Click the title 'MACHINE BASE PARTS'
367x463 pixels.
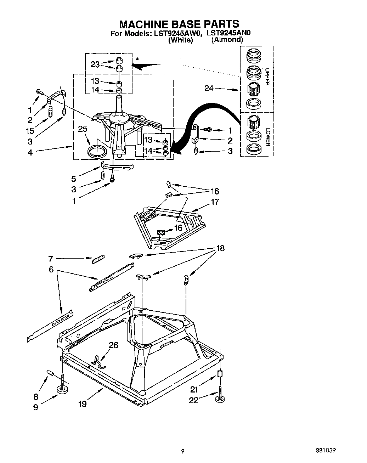[x=179, y=24]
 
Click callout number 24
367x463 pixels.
[x=209, y=88]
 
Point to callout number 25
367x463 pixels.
[x=83, y=129]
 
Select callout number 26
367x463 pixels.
[x=113, y=345]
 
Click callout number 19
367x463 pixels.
[x=82, y=403]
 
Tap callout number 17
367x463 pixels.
[x=215, y=202]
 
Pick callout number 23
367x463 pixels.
[x=95, y=64]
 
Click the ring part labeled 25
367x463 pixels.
[x=97, y=151]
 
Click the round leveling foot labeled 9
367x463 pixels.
[x=63, y=390]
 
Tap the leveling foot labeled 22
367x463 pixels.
[x=220, y=399]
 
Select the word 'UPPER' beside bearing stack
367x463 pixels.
[x=267, y=77]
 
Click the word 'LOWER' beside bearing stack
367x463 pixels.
[x=268, y=137]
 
